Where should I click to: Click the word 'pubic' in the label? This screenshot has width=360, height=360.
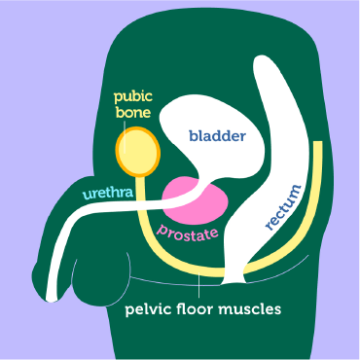(x=133, y=97)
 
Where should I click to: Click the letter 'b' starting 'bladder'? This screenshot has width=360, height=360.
(x=193, y=137)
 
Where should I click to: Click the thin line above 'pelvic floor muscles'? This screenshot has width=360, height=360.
(x=200, y=285)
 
